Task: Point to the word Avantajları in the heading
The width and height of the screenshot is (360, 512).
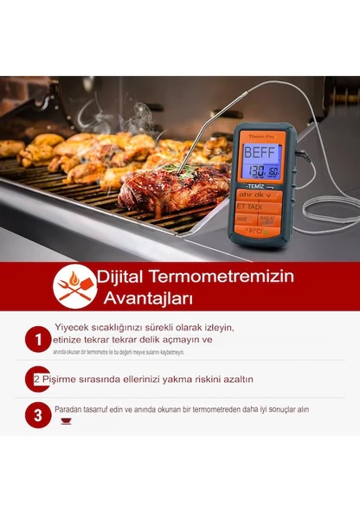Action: tap(153, 298)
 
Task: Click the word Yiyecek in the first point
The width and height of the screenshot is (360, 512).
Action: tap(74, 328)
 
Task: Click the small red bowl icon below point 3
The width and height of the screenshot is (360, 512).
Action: tap(66, 421)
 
